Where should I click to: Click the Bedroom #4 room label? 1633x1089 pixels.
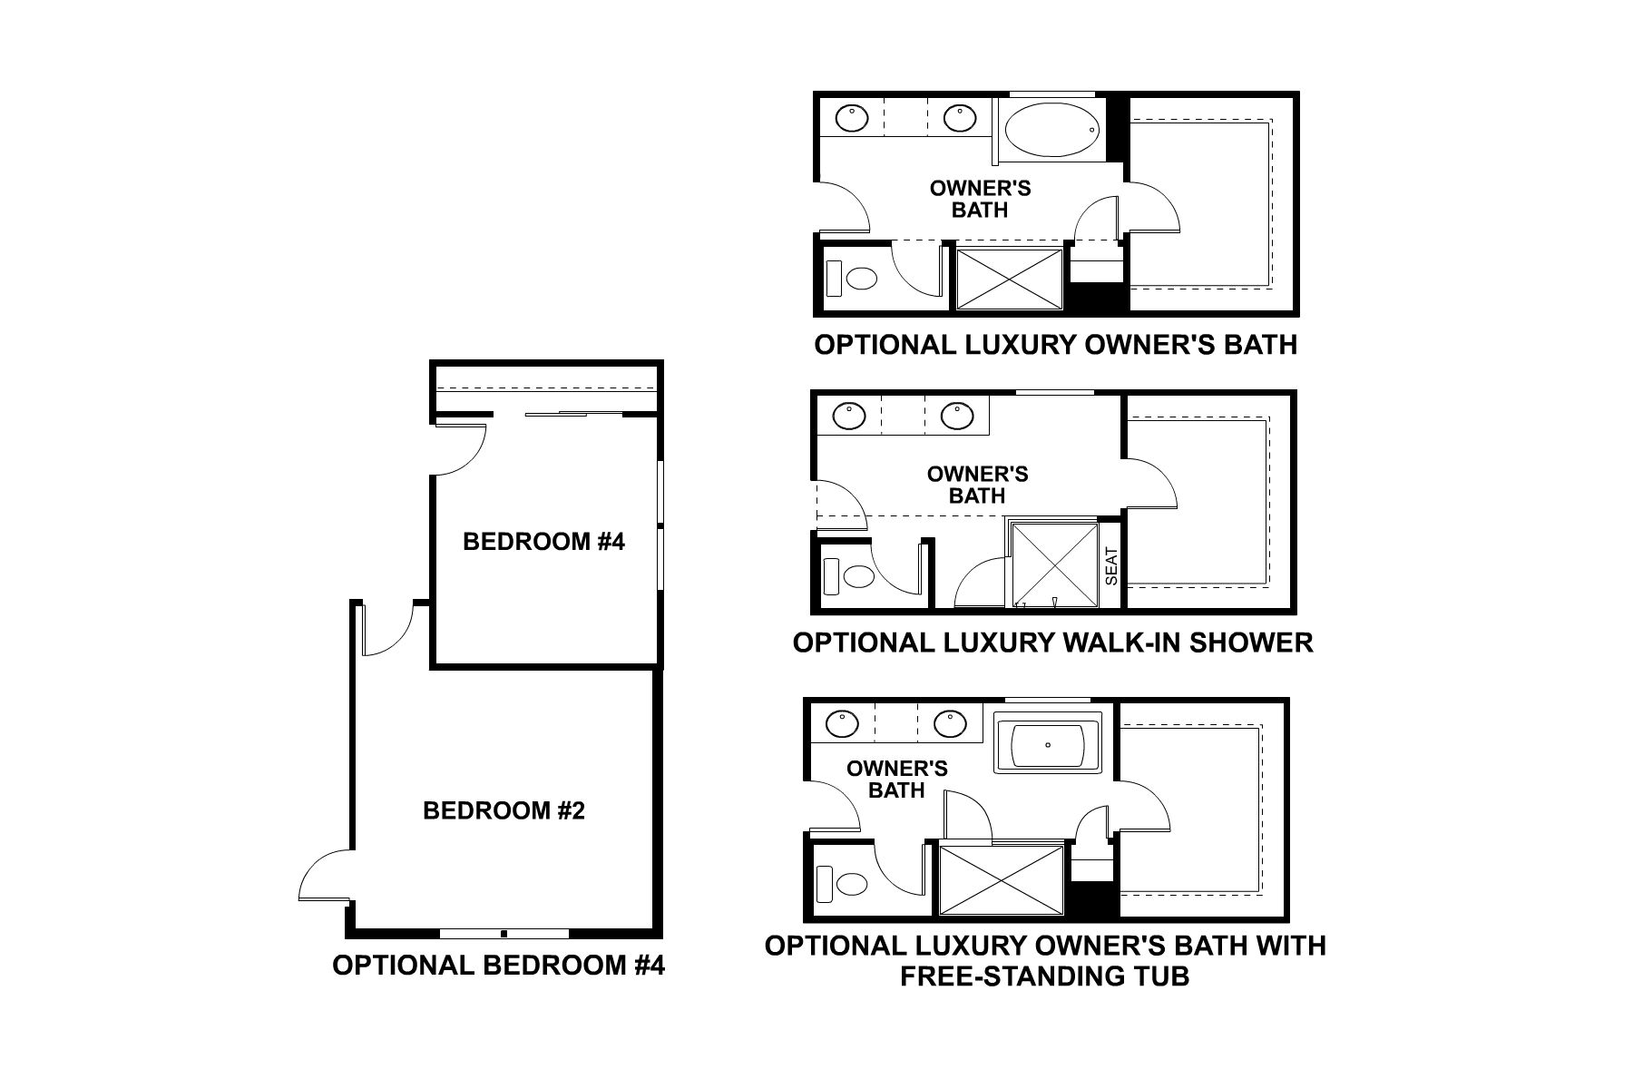pyautogui.click(x=543, y=542)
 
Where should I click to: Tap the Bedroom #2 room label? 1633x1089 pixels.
pyautogui.click(x=504, y=810)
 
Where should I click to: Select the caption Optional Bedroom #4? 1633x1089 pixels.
pyautogui.click(x=498, y=965)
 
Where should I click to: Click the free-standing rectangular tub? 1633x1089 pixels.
pyautogui.click(x=1048, y=743)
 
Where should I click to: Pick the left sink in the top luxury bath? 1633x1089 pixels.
pyautogui.click(x=851, y=118)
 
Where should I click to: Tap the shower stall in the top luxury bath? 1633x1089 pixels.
pyautogui.click(x=1009, y=279)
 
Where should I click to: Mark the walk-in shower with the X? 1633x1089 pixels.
pyautogui.click(x=1053, y=564)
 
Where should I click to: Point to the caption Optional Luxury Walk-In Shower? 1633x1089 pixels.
pyautogui.click(x=1052, y=643)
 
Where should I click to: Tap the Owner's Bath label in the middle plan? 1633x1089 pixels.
pyautogui.click(x=977, y=485)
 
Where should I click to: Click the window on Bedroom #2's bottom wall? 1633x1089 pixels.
pyautogui.click(x=504, y=933)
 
